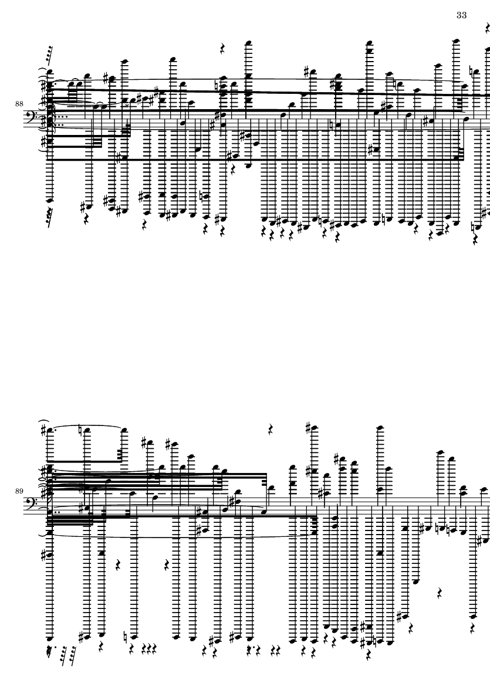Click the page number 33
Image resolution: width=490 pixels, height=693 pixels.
coord(461,15)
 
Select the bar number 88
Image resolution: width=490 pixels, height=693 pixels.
coord(19,104)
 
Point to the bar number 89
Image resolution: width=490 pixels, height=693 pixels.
coord(19,491)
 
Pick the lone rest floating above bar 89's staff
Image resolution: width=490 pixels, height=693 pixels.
coord(272,429)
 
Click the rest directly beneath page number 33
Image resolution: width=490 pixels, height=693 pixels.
coord(487,28)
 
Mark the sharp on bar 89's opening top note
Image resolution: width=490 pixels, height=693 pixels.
coord(43,430)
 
